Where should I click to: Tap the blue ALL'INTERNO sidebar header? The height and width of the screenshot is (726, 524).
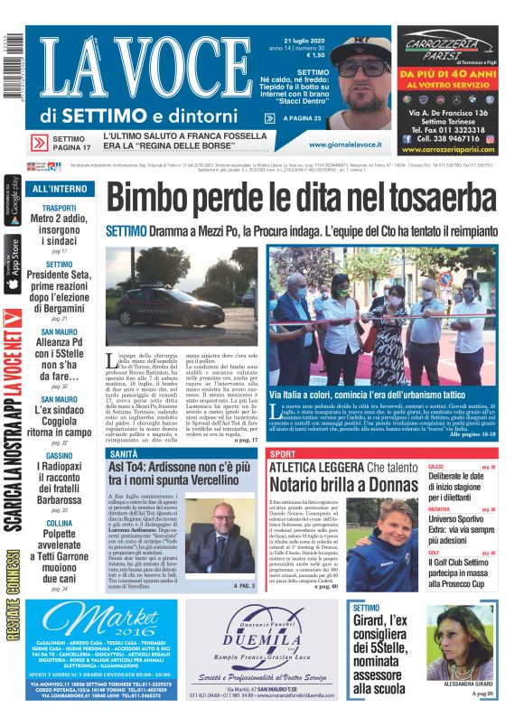coord(60,189)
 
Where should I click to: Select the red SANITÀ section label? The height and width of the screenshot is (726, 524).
coord(124,453)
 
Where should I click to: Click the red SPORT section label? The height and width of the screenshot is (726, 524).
coord(284,453)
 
